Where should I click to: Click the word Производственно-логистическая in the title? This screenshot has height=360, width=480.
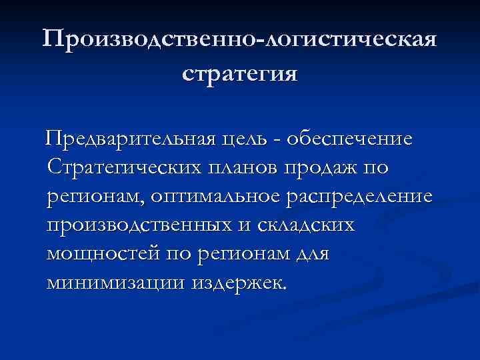tap(240, 39)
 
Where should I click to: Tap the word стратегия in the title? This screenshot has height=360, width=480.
tap(240, 72)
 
